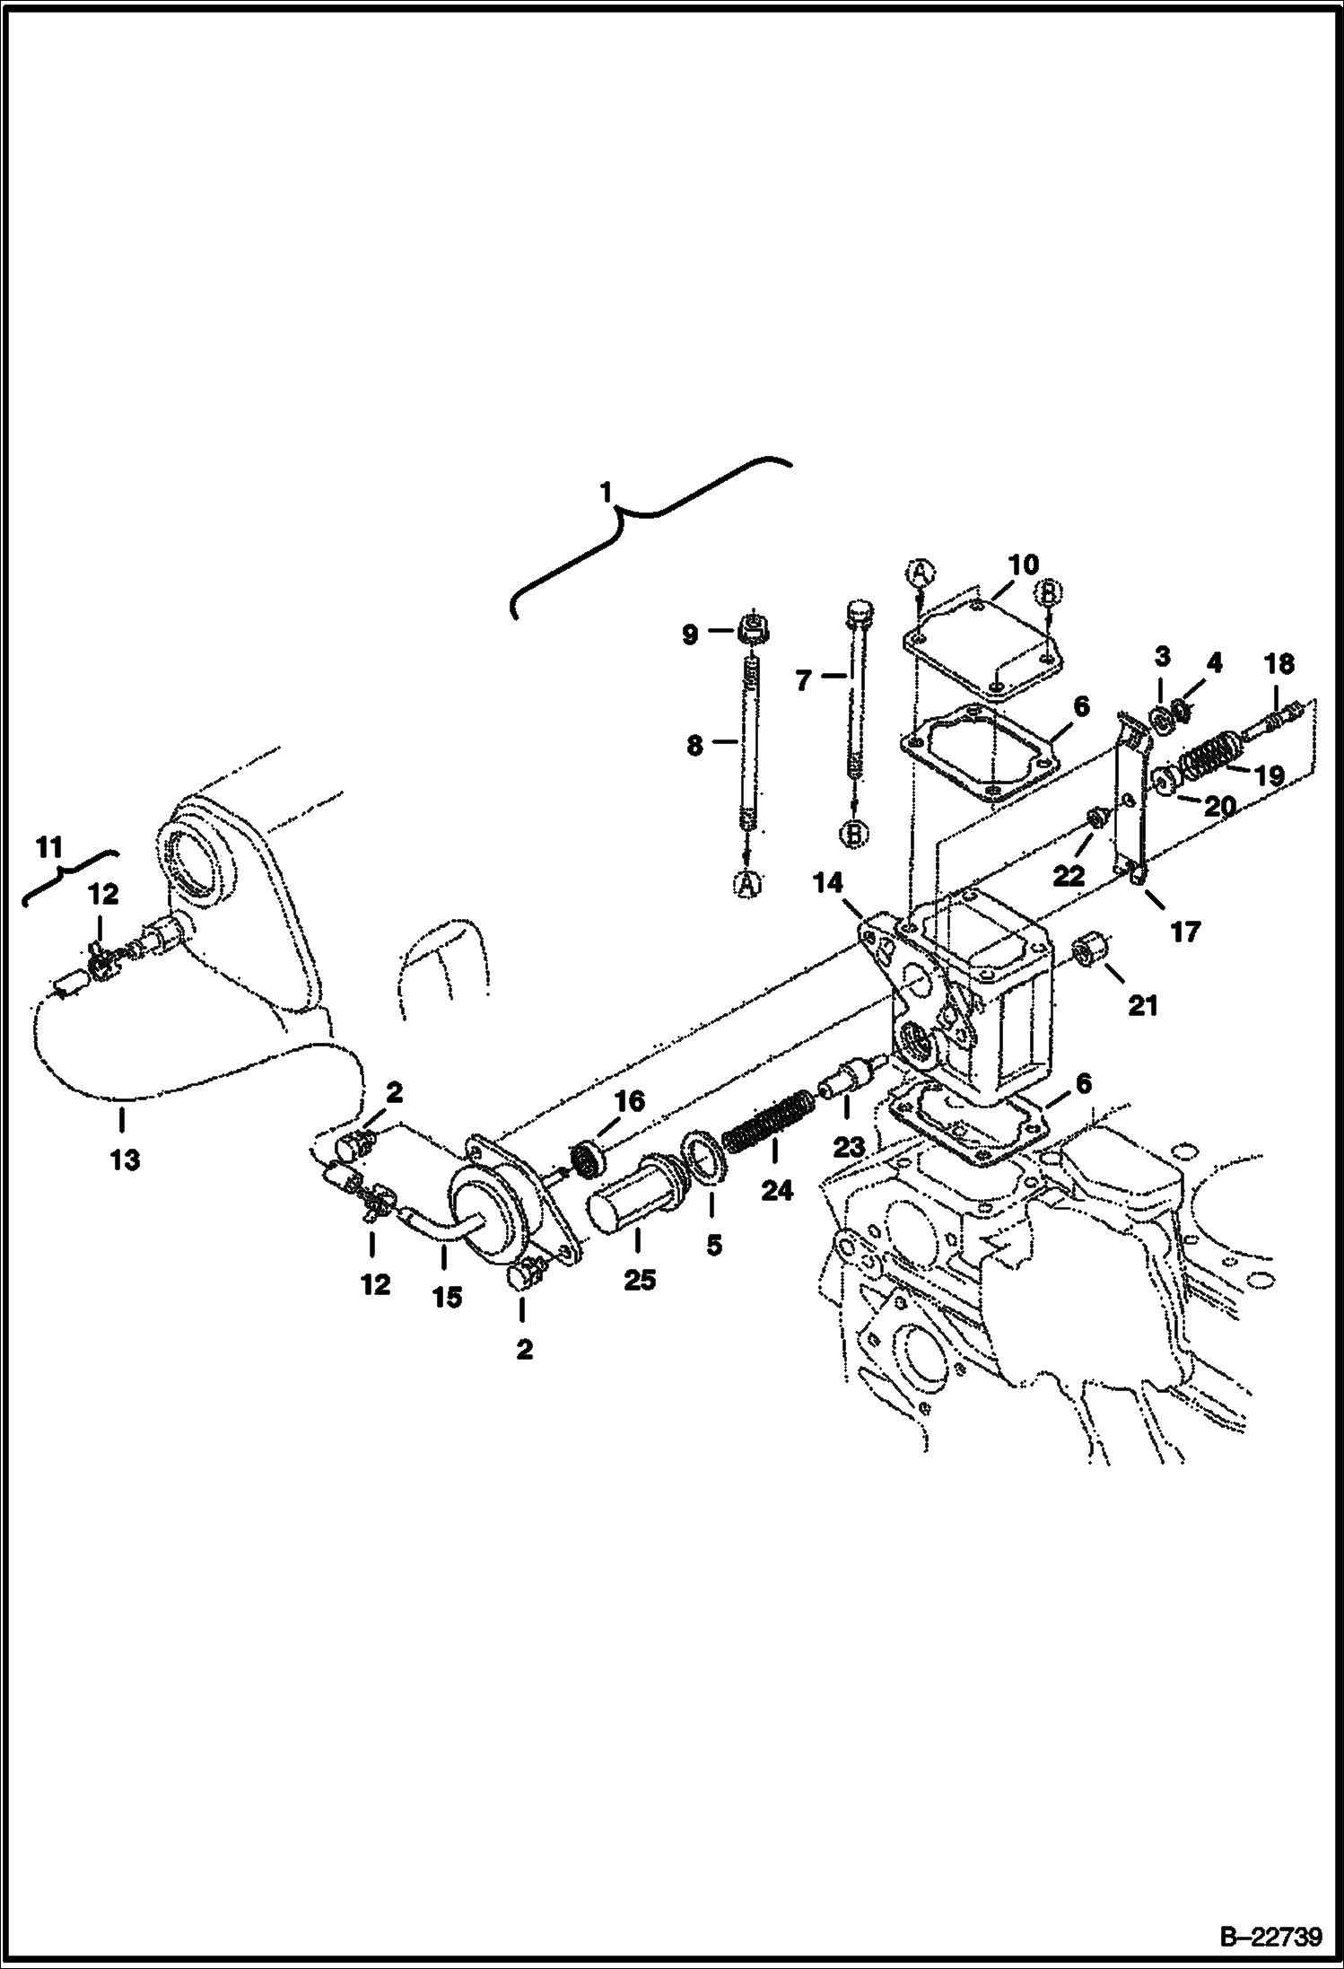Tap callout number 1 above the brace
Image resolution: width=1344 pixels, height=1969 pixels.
(x=607, y=492)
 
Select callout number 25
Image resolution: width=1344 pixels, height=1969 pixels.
(x=640, y=1280)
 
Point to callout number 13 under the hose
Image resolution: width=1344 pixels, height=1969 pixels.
(x=125, y=1160)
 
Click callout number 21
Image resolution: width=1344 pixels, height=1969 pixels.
(x=1142, y=1006)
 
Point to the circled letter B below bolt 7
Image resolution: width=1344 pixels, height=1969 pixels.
(x=853, y=835)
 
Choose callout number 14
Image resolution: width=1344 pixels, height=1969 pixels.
(x=828, y=883)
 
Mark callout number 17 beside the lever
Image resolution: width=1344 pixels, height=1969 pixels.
(x=1184, y=932)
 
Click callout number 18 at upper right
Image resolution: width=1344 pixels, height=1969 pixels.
(x=1280, y=664)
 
